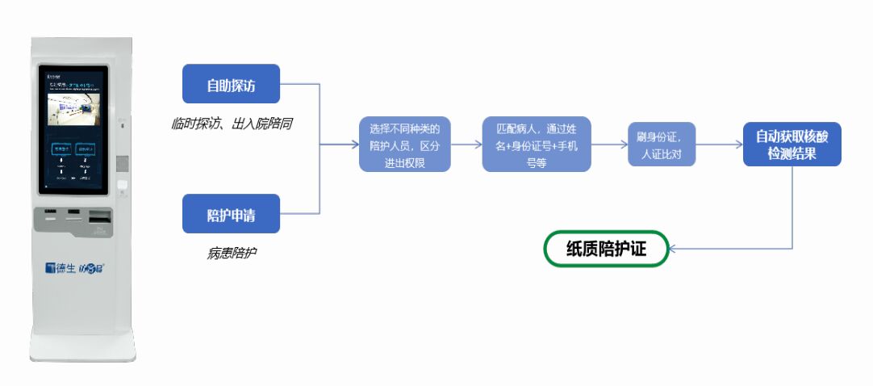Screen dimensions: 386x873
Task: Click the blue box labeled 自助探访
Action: click(x=231, y=84)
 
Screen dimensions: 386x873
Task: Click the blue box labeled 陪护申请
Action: click(x=231, y=215)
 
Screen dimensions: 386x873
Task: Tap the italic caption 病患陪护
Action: click(x=232, y=253)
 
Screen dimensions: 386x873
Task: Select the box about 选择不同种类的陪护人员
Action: click(x=404, y=145)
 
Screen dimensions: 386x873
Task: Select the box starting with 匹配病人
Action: click(x=537, y=145)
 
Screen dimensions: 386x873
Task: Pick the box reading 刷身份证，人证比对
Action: click(x=662, y=145)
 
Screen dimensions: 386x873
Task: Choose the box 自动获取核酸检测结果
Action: click(x=792, y=145)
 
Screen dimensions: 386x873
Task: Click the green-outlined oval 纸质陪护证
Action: click(x=606, y=249)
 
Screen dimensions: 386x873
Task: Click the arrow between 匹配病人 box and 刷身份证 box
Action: click(x=610, y=145)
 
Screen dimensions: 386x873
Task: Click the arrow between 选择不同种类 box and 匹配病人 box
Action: click(x=466, y=145)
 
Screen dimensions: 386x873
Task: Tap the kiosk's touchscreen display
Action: click(x=73, y=129)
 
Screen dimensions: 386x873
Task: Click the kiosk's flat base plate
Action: click(x=82, y=350)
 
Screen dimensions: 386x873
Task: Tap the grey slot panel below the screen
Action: click(x=73, y=220)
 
